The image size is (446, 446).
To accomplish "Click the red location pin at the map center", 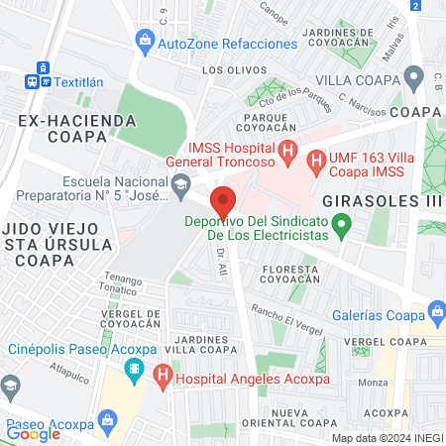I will pyautogui.click(x=223, y=200).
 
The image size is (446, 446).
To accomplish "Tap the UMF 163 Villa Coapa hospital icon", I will pyautogui.click(x=315, y=160).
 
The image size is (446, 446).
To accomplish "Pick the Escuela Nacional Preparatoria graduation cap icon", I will pyautogui.click(x=180, y=183).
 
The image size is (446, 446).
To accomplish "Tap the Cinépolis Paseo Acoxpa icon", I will pyautogui.click(x=134, y=373).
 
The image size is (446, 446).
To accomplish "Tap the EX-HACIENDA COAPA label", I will pyautogui.click(x=76, y=129).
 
